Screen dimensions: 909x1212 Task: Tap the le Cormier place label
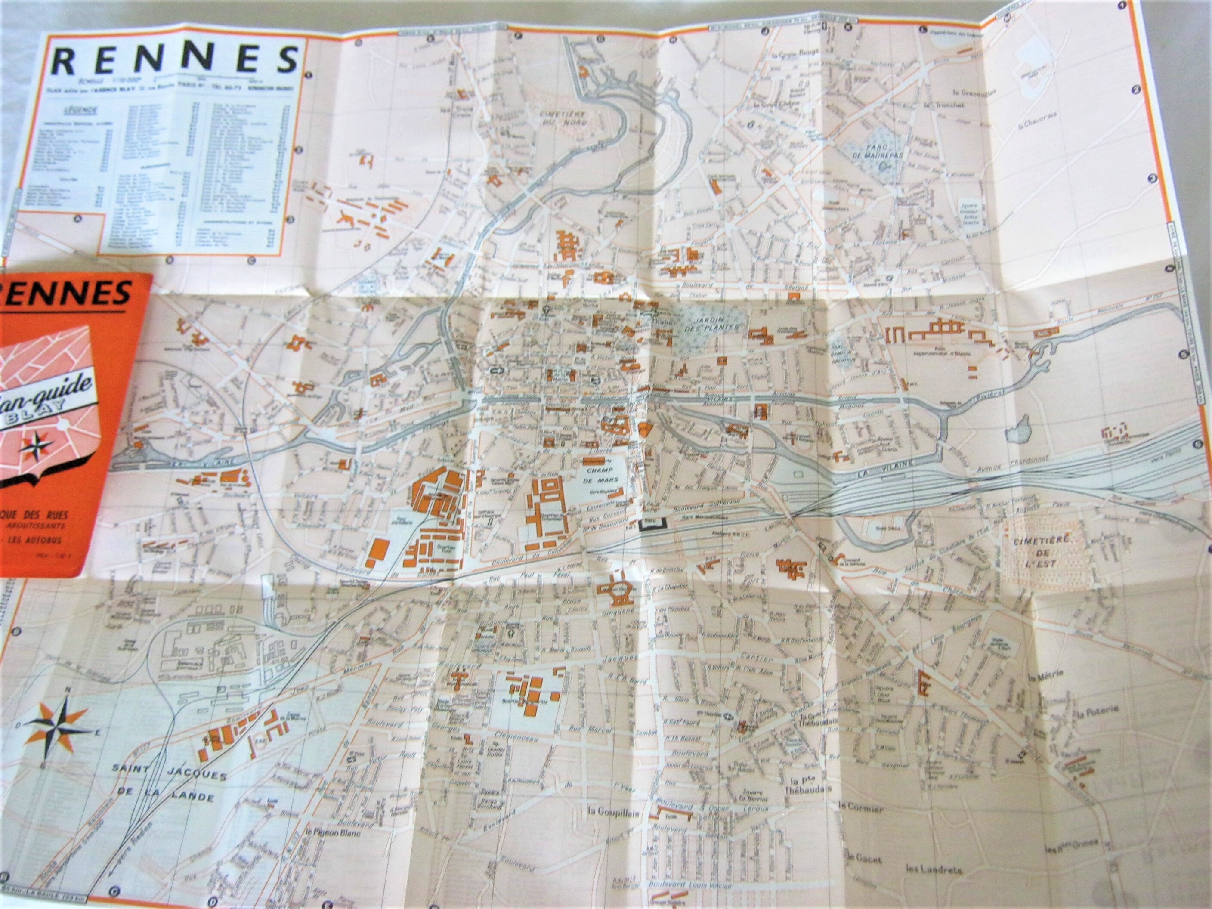pyautogui.click(x=860, y=822)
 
